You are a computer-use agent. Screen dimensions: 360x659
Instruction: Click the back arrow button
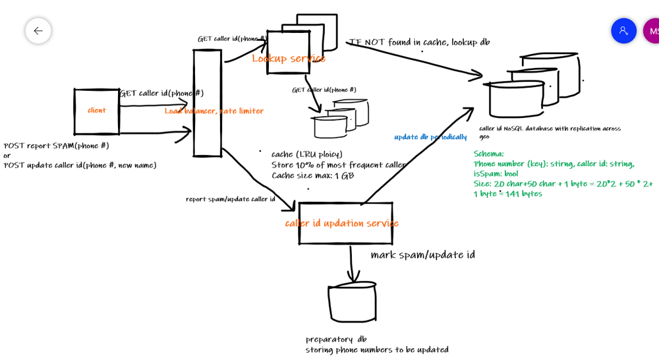[x=38, y=31]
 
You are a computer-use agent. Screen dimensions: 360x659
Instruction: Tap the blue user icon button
[x=623, y=31]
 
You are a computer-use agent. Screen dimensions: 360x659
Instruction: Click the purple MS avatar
[x=652, y=31]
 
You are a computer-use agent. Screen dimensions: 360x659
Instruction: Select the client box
[x=96, y=111]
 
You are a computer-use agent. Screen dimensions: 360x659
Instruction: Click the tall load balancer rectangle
[x=207, y=103]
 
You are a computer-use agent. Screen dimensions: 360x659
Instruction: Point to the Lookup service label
[x=289, y=59]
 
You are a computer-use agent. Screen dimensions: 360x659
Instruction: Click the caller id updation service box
[x=345, y=224]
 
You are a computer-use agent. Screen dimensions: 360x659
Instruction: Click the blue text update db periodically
[x=430, y=137]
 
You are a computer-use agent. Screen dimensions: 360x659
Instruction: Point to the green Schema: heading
[x=488, y=154]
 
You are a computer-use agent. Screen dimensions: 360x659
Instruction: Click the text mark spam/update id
[x=422, y=255]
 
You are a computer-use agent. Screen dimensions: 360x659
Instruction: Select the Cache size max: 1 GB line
[x=312, y=176]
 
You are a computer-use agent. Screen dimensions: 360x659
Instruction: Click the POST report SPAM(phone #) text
[x=57, y=146]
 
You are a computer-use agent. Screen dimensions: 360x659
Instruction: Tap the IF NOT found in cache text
[x=419, y=42]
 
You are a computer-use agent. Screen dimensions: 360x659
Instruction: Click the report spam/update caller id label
[x=230, y=199]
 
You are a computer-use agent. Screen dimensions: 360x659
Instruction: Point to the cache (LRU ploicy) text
[x=307, y=154]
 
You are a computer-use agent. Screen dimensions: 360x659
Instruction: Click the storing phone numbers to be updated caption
[x=377, y=350]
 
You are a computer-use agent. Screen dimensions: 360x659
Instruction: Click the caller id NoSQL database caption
[x=550, y=129]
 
